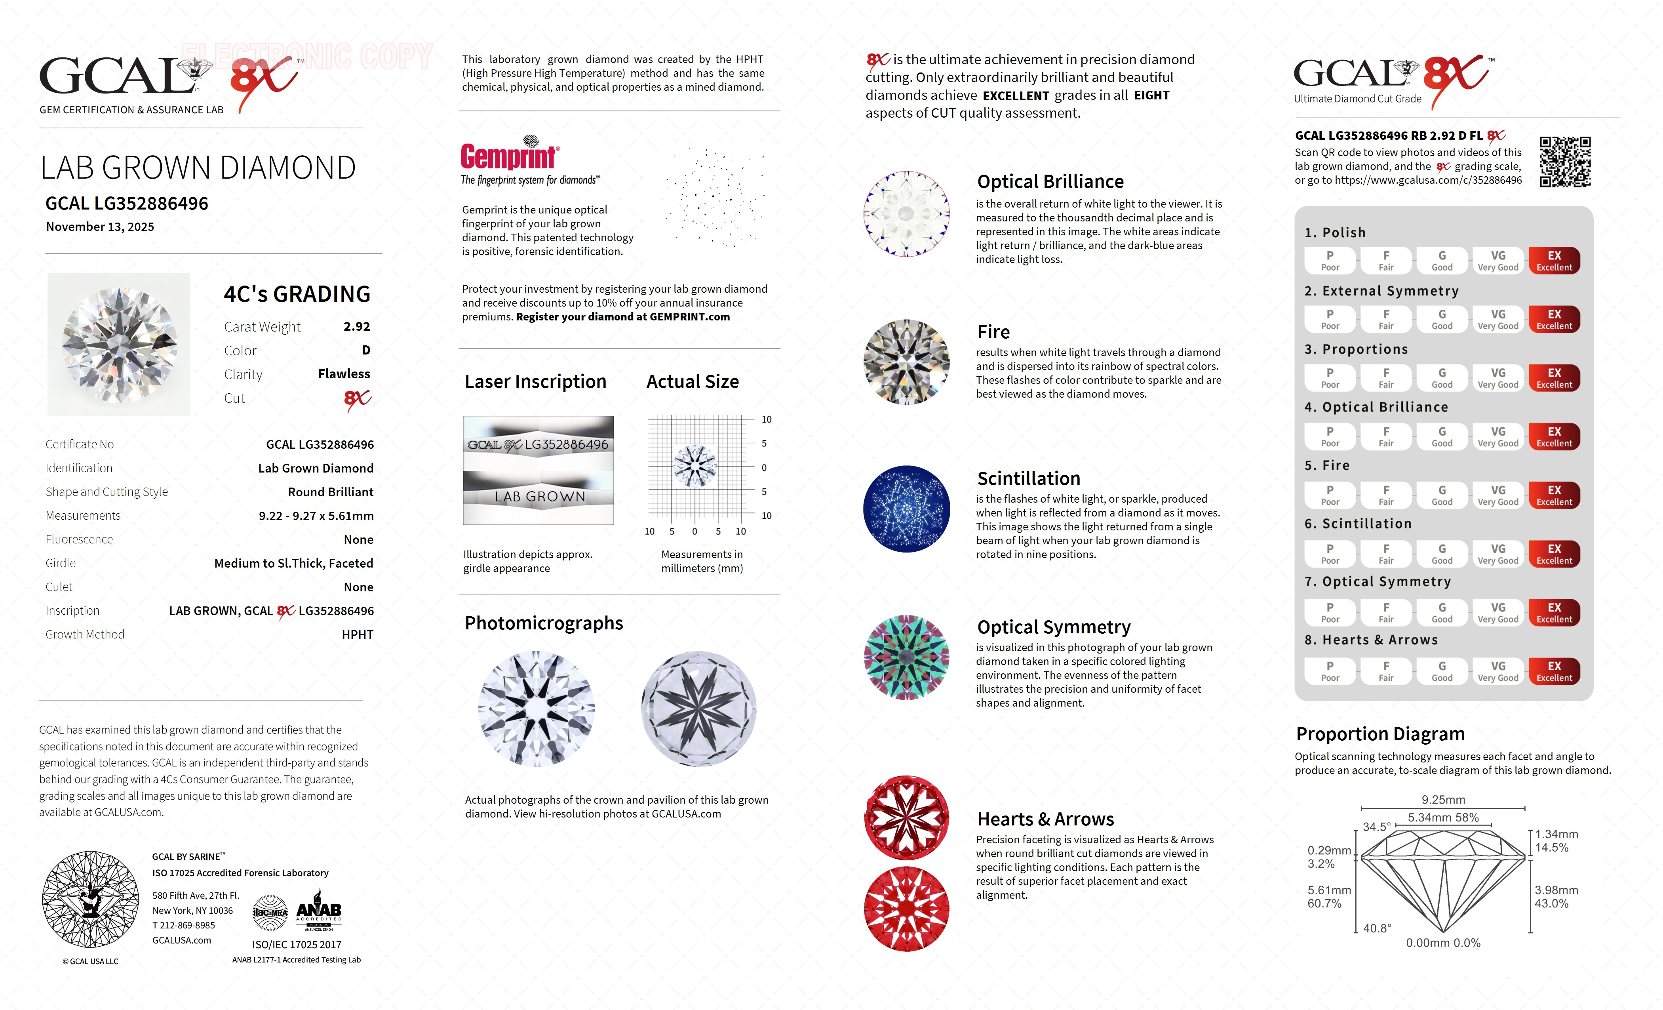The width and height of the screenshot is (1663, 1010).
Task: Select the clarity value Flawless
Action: point(344,374)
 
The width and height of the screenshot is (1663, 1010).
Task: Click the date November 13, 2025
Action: point(100,227)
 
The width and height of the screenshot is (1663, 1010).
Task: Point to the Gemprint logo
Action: point(510,155)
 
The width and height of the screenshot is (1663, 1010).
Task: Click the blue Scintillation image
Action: point(906,509)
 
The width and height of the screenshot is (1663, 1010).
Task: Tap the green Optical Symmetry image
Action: point(906,657)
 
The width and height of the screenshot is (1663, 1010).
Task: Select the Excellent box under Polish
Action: point(1554,261)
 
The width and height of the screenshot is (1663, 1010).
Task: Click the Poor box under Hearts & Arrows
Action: point(1330,671)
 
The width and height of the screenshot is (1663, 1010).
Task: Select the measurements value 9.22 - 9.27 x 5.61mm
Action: point(316,516)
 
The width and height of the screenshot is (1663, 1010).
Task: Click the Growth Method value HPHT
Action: point(357,635)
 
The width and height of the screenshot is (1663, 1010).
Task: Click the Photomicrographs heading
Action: point(543,623)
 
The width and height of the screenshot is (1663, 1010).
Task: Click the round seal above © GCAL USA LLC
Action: point(90,899)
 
